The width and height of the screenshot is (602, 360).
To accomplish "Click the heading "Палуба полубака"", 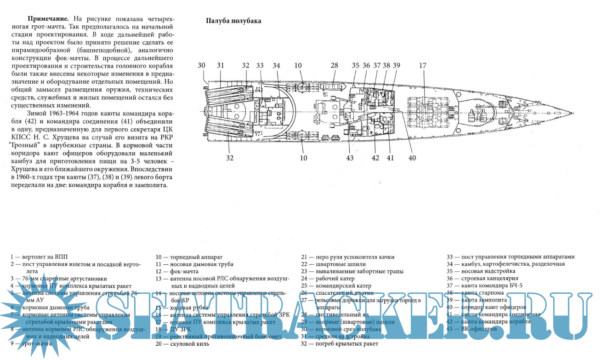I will tap(233, 21).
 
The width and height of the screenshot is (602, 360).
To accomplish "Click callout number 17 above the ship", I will tap(423, 66).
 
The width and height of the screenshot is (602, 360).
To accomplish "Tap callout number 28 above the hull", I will tap(334, 66).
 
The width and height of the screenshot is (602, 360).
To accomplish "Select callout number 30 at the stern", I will tap(202, 66).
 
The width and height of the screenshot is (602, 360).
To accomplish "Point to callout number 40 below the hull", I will tap(412, 158).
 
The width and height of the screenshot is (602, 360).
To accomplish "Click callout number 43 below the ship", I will tap(351, 158).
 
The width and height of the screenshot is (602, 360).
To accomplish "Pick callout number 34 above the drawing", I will tap(276, 66).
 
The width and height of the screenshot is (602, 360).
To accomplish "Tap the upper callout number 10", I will tap(299, 66).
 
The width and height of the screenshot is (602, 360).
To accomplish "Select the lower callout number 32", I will tap(230, 158).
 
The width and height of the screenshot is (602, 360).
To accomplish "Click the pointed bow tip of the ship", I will tap(572, 112).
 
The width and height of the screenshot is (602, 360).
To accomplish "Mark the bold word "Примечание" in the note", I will tap(48, 19).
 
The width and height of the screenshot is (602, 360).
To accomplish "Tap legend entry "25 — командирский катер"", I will tap(336, 286).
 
